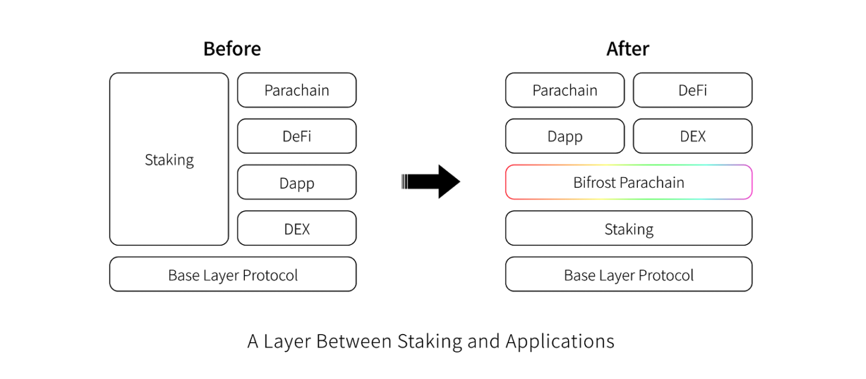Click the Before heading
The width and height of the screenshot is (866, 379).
(232, 49)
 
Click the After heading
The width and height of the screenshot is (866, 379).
(628, 49)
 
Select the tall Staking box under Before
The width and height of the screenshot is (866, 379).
(169, 159)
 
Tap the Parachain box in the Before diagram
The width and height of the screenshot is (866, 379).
(297, 90)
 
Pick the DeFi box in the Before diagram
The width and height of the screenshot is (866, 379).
(297, 136)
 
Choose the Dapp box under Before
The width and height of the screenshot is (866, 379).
(297, 182)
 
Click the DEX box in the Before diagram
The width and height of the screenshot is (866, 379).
(297, 228)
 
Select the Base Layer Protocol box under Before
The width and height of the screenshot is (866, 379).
(232, 274)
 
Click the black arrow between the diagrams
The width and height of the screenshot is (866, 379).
(431, 181)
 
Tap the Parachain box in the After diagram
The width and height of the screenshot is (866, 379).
(565, 90)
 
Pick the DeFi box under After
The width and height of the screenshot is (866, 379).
(693, 90)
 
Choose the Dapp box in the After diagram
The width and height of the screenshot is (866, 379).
(565, 136)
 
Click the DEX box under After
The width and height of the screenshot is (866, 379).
(693, 136)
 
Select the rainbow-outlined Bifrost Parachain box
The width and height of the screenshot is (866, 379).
(629, 182)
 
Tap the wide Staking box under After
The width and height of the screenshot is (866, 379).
(629, 228)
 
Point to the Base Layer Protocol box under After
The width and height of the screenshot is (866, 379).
(629, 274)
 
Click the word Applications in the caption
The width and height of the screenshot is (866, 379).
(560, 342)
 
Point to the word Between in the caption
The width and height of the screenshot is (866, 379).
(354, 341)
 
